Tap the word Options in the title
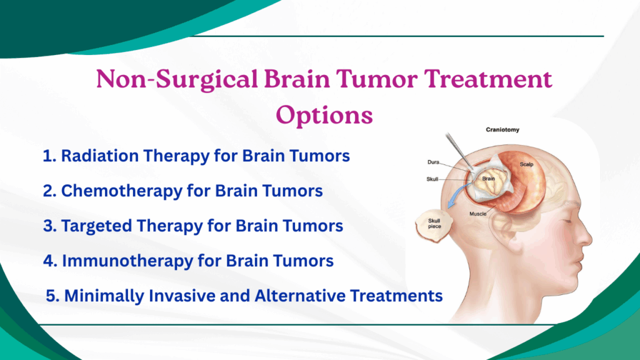coord(324,116)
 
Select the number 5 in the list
coord(51,296)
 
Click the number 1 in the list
coord(47,156)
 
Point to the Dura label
coord(433,162)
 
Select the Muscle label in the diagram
coord(478,214)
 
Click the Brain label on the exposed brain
coord(489,178)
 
